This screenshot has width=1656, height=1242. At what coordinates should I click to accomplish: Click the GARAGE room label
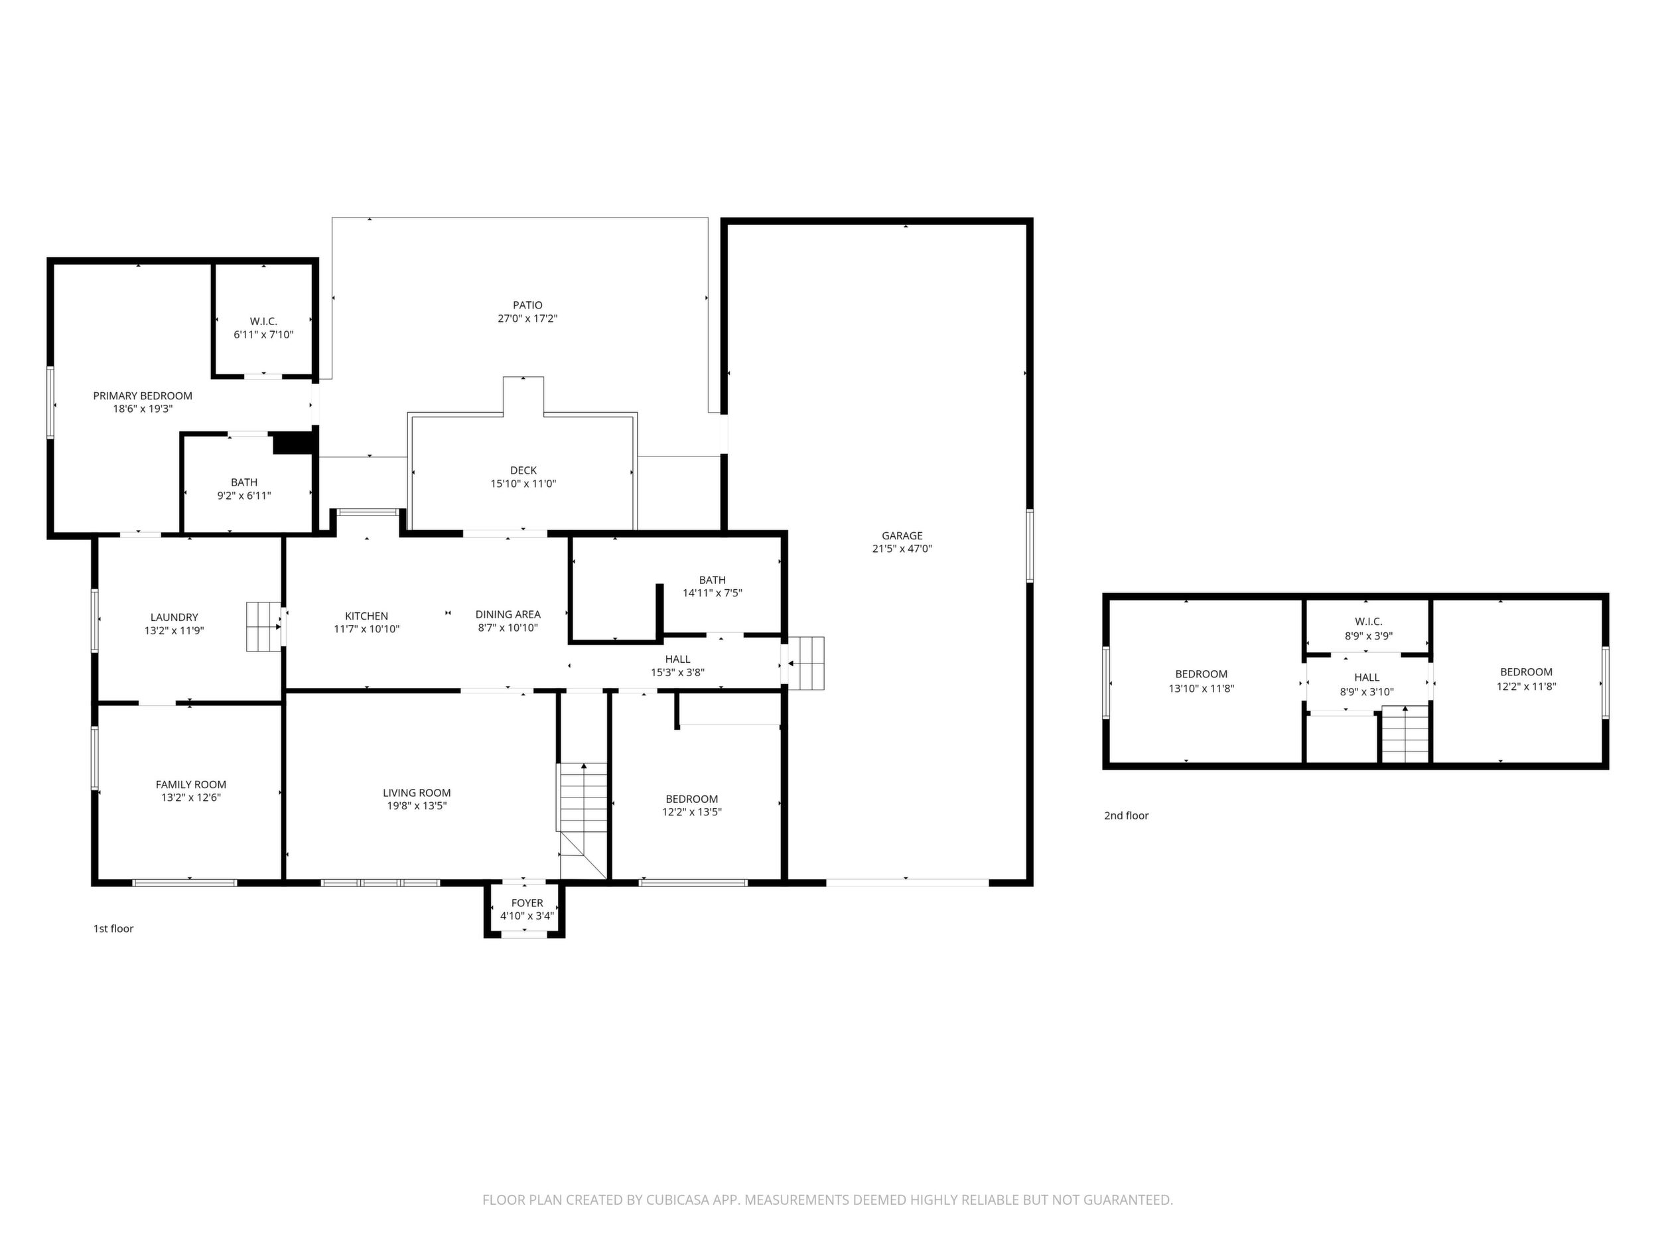(902, 535)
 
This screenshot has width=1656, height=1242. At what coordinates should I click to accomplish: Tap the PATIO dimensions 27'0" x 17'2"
(528, 319)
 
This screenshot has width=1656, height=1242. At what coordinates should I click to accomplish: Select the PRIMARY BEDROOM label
(142, 396)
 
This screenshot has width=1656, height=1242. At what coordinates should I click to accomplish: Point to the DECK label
(523, 470)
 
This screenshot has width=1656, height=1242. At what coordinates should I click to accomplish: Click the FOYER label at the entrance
(527, 903)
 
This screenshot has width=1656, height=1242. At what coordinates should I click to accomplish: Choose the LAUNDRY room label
(174, 618)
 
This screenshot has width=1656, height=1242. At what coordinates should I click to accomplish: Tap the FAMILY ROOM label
(191, 785)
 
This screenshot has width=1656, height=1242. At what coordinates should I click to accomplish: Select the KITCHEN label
(366, 616)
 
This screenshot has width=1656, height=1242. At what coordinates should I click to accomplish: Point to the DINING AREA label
(508, 614)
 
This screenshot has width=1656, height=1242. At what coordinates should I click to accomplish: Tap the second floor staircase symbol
(1405, 734)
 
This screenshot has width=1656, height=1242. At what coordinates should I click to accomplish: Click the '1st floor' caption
(113, 929)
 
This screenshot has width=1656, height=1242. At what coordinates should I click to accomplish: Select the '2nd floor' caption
(1126, 816)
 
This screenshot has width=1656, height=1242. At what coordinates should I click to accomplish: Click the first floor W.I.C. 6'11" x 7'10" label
(263, 328)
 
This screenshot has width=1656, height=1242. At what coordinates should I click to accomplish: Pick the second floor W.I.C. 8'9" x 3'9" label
(1369, 629)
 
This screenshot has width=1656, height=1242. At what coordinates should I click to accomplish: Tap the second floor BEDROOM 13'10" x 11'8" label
(1201, 681)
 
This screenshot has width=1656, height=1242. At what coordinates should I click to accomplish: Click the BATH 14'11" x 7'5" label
(712, 586)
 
